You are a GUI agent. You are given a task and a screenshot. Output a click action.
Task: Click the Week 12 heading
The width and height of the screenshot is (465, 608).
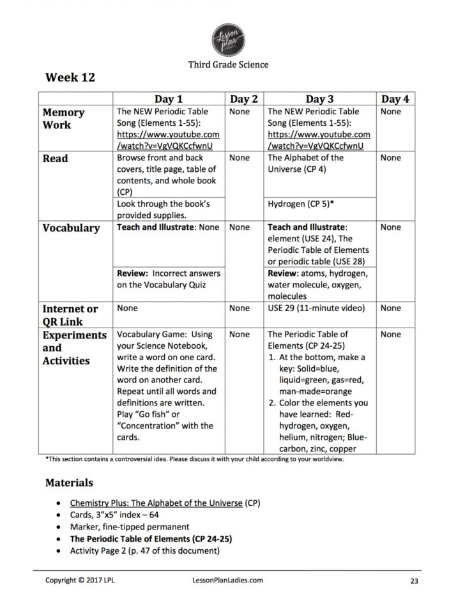(x=70, y=78)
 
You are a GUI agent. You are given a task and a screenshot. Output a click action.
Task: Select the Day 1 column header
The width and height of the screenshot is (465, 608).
(x=169, y=98)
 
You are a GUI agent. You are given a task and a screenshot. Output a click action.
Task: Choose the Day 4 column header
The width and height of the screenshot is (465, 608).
(x=395, y=98)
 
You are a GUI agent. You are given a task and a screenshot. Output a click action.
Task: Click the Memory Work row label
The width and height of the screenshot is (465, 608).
(x=63, y=119)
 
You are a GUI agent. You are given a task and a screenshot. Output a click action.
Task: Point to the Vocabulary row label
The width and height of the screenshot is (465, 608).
(x=71, y=228)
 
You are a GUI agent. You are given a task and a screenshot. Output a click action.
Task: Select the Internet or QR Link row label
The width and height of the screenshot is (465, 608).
(x=70, y=315)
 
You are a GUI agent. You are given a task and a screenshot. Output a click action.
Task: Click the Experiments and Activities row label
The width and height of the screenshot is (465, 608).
(x=74, y=347)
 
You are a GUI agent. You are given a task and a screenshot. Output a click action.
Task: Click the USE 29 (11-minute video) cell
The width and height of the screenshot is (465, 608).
(x=316, y=308)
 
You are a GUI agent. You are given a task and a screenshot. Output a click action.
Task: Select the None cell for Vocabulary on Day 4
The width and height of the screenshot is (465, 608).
(x=390, y=227)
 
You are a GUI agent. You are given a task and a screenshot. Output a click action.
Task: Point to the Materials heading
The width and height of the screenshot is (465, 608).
(x=70, y=483)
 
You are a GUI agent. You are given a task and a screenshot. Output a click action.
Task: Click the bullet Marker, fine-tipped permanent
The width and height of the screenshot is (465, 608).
(x=130, y=527)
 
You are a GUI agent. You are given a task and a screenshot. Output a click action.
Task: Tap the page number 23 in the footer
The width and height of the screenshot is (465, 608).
(x=415, y=581)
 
